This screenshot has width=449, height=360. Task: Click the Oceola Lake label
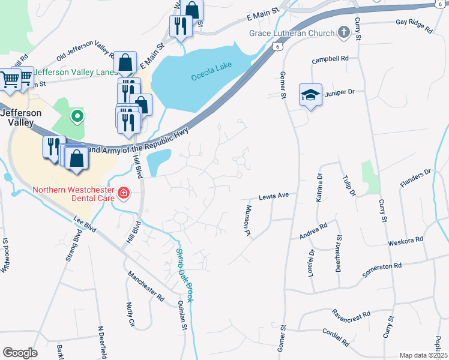click(211, 77)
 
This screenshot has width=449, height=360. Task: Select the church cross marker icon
click(344, 31)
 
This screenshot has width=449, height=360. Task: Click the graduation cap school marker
click(310, 95)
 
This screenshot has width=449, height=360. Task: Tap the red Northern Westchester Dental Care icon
click(123, 193)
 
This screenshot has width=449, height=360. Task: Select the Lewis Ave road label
click(274, 196)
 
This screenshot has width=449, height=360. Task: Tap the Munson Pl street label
click(247, 220)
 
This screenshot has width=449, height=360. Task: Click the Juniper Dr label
click(340, 92)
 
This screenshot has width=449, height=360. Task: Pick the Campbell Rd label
click(330, 60)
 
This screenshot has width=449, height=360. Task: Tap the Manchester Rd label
click(145, 285)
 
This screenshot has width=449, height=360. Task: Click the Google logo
click(20, 353)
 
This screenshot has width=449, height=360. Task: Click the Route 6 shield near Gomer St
click(276, 45)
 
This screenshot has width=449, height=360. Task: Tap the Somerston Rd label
click(381, 269)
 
